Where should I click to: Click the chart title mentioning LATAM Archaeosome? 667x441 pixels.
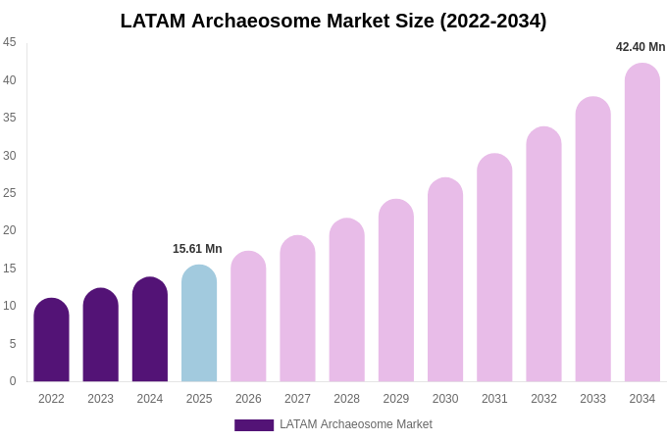333,21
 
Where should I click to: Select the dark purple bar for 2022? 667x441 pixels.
51,340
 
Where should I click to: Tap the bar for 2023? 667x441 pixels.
100,335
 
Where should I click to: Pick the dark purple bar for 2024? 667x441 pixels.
150,329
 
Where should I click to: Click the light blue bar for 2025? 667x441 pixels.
199,323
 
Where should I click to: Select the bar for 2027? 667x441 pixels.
297,309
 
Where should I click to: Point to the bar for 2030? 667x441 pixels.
445,280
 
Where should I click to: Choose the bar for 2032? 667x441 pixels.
543,255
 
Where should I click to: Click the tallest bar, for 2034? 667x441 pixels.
642,222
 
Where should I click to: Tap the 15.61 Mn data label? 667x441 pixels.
197,249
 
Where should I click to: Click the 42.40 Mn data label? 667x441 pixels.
641,47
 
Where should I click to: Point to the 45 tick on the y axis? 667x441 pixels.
10,42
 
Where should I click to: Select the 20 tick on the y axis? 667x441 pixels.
10,230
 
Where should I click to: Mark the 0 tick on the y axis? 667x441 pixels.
13,381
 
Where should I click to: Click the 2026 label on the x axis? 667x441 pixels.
248,399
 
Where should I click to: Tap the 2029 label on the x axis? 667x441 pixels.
396,399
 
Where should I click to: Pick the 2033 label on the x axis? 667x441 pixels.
592,399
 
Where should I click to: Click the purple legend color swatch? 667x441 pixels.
254,425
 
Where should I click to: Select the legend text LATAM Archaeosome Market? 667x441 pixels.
356,424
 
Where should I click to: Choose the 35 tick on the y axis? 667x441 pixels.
10,118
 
